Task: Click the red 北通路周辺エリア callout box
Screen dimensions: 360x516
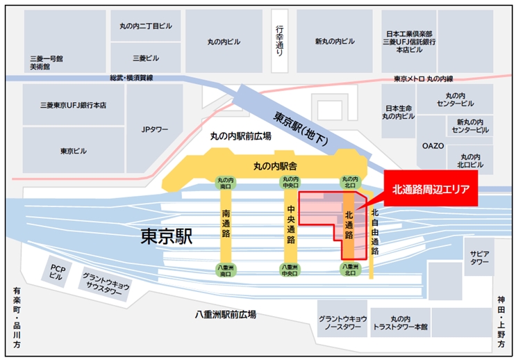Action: (x=431, y=189)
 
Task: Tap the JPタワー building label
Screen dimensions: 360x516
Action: (x=155, y=129)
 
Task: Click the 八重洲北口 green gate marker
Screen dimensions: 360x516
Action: (x=349, y=268)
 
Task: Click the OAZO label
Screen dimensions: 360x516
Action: (x=433, y=147)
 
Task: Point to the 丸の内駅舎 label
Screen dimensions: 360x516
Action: (x=275, y=165)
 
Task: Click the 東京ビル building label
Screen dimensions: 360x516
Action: (x=73, y=151)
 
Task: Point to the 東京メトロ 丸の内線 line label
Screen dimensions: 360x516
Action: (x=423, y=78)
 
